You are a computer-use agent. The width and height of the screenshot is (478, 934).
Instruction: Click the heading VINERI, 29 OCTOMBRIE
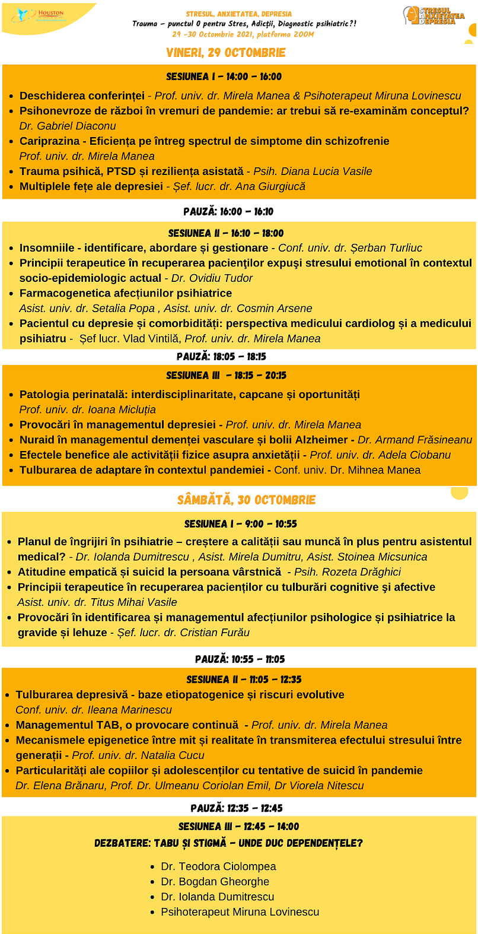tap(226, 53)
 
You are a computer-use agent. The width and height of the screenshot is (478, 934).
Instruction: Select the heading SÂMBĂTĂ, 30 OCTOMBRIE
tap(246, 500)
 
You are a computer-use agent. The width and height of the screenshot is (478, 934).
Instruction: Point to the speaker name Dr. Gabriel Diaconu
tap(68, 126)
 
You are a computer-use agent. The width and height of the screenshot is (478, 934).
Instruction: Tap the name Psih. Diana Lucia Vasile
tap(313, 171)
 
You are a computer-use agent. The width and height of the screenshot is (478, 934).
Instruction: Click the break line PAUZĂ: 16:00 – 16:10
tap(228, 212)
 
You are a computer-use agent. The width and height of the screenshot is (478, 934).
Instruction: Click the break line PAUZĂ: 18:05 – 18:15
tap(221, 357)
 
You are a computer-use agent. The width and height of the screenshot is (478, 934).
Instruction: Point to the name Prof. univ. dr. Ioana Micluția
tap(88, 409)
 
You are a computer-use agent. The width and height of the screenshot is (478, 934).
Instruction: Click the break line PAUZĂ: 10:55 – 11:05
tap(240, 659)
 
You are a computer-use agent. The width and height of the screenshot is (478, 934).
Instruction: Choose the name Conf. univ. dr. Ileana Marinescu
tap(94, 710)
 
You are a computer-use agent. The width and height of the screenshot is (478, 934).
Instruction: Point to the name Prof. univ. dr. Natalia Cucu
tap(138, 755)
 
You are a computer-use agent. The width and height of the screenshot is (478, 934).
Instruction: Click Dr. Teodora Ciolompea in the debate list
tap(218, 866)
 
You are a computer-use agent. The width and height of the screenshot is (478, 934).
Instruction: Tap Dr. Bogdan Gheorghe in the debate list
tap(215, 882)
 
